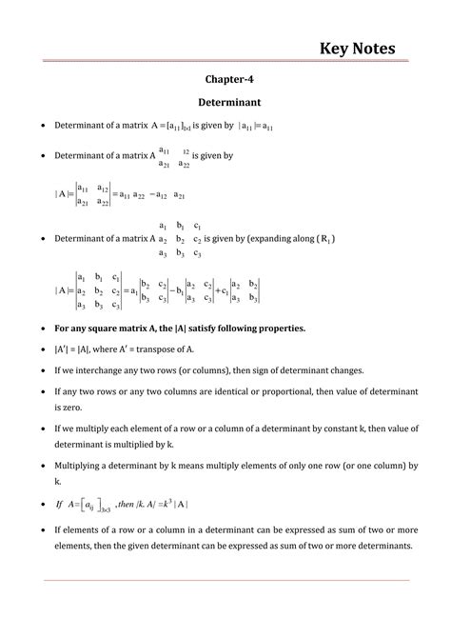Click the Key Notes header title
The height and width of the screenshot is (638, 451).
click(358, 48)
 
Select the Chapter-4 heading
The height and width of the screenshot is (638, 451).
click(225, 81)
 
